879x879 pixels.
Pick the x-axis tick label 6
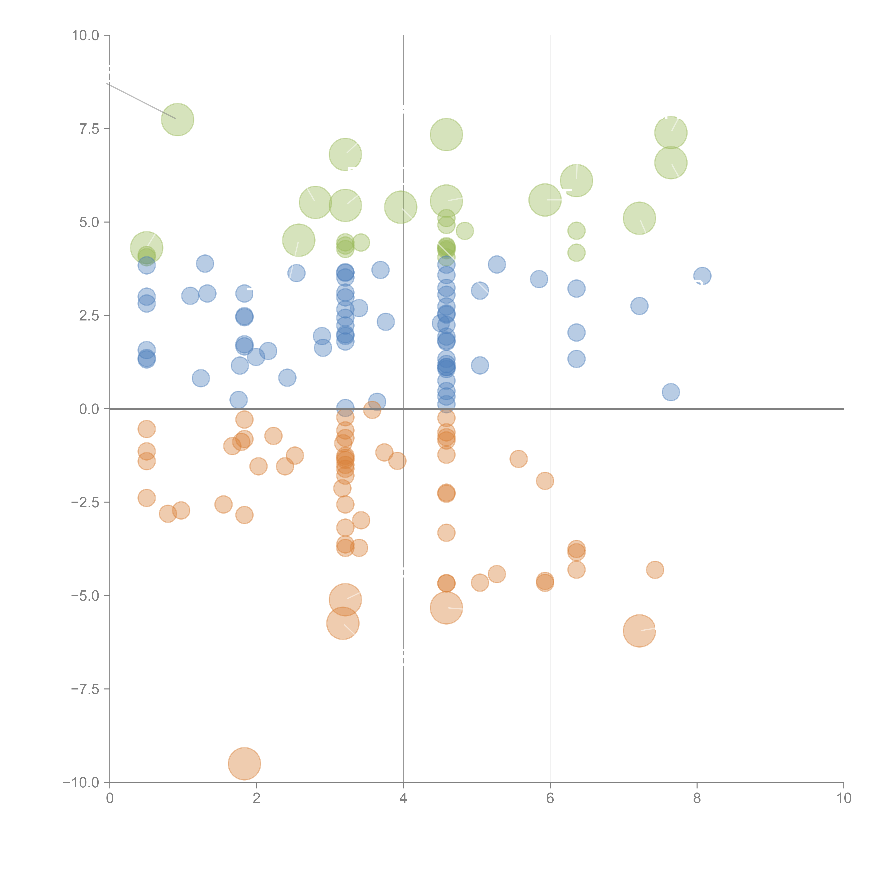click(x=550, y=798)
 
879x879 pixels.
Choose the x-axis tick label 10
click(x=843, y=798)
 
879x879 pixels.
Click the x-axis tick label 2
click(x=257, y=798)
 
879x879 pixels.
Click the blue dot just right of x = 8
click(x=702, y=276)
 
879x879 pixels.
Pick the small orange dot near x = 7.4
click(x=655, y=570)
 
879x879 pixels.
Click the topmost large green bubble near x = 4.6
click(x=446, y=135)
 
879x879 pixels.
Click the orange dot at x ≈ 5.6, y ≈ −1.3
click(x=518, y=459)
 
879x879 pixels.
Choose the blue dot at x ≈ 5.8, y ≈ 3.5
click(x=539, y=279)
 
